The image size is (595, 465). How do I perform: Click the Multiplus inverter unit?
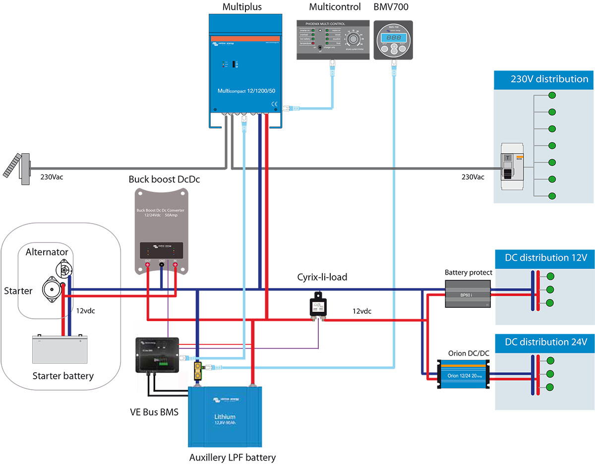pos(246,69)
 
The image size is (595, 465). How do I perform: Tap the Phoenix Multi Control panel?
pos(333,40)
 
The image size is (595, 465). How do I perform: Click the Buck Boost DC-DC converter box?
pos(161,228)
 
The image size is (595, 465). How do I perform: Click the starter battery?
pos(59,350)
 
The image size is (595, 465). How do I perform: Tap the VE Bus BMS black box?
pos(157,354)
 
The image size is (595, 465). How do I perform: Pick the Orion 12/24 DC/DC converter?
pos(462,373)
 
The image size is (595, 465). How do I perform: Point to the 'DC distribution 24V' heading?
pos(546,342)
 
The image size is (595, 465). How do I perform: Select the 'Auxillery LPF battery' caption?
pos(233,457)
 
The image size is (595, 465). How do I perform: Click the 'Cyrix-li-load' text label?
pos(322,277)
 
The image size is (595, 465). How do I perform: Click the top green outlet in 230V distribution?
pos(551,96)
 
